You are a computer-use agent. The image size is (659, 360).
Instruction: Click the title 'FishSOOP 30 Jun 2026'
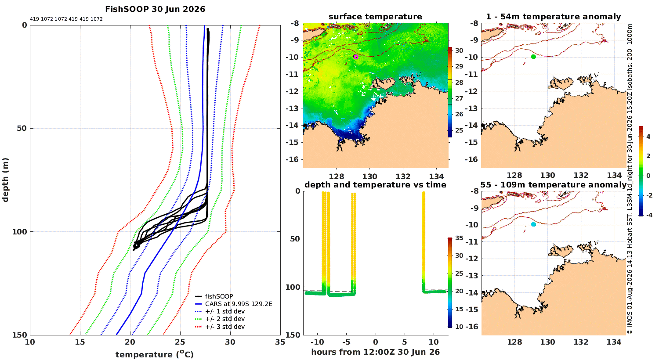pos(155,9)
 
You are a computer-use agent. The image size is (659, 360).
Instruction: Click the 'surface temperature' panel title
pos(375,17)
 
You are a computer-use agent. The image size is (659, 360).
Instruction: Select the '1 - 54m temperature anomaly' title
pos(554,17)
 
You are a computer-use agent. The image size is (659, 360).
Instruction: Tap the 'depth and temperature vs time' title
pos(375,185)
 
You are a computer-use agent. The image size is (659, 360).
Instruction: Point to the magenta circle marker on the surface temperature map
pos(356,57)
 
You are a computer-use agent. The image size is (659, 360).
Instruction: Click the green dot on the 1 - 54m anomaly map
pos(533,57)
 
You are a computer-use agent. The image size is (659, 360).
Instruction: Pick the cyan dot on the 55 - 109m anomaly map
pos(533,224)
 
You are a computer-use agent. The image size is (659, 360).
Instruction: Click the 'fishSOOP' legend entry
pos(219,296)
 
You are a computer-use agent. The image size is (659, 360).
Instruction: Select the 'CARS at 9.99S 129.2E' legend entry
pos(238,304)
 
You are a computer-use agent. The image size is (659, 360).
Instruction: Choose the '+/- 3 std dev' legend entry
pos(225,327)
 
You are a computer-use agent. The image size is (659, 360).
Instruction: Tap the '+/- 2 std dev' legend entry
pos(225,319)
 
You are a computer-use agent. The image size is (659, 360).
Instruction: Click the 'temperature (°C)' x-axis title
pos(155,354)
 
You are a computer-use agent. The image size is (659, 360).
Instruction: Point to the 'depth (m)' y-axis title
pos(5,180)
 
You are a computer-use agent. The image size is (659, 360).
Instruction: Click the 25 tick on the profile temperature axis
pos(180,342)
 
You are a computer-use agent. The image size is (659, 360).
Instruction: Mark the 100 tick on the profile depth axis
pos(19,232)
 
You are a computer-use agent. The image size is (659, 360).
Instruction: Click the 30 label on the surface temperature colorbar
pos(459,50)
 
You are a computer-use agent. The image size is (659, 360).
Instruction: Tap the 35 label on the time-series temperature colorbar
pos(459,238)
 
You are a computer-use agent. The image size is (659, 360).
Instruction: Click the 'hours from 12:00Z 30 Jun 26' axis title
pos(375,352)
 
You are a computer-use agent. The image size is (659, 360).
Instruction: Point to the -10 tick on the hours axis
pos(318,342)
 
